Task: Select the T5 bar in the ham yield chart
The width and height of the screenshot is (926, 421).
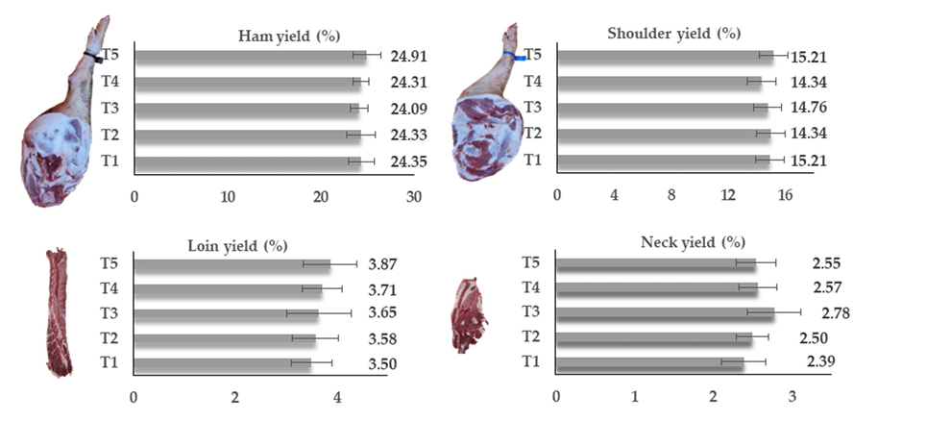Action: coord(250,55)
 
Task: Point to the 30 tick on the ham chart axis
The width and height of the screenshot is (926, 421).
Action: coord(413,196)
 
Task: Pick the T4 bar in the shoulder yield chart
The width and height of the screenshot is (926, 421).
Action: coord(659,82)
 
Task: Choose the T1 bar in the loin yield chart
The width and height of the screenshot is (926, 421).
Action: coord(222,363)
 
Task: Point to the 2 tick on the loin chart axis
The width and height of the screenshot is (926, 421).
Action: coord(235,397)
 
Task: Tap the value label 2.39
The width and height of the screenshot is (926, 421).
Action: coord(826,361)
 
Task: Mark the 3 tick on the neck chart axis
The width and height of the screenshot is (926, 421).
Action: coord(792,397)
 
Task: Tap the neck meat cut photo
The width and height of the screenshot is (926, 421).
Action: coord(470,315)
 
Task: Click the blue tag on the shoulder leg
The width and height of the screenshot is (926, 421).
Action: coord(520,59)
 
